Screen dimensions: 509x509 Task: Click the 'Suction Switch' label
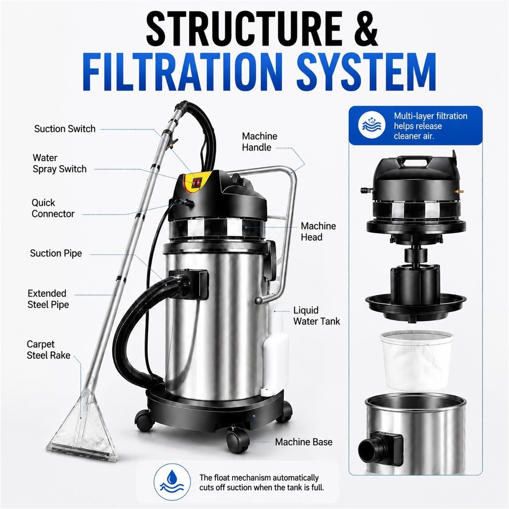coord(65,129)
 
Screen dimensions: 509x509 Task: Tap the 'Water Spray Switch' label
coord(59,164)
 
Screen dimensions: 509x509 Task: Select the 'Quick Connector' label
coord(53,208)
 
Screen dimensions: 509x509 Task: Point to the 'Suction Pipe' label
coord(56,253)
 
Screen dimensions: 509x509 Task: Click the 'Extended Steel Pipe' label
coord(48,299)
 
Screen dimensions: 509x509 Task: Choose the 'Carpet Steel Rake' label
coord(48,350)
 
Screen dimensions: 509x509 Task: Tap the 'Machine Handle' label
coord(260,142)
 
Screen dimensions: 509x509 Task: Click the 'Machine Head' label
coord(318,232)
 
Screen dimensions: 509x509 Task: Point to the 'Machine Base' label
coord(304,442)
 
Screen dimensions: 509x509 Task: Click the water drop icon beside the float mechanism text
coord(172,482)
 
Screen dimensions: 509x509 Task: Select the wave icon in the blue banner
coord(372,125)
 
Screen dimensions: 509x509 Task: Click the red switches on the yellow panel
coord(197,182)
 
